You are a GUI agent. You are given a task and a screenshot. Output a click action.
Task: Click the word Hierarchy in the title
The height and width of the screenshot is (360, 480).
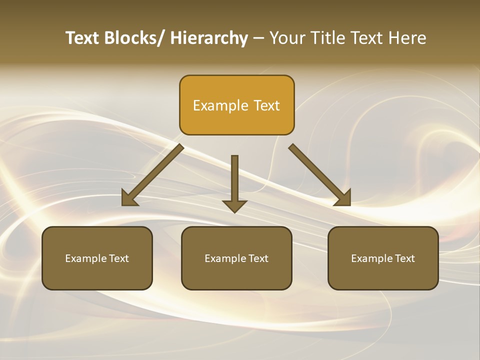209,38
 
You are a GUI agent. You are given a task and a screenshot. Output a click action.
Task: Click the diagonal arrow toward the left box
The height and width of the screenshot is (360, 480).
153,175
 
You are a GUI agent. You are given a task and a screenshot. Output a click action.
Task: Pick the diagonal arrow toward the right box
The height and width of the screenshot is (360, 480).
320,175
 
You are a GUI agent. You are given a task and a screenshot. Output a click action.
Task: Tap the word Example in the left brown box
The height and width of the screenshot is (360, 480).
85,258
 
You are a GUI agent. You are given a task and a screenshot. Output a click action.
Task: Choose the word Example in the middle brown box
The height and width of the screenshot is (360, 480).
225,258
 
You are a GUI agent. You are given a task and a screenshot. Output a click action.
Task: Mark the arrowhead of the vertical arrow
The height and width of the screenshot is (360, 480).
234,206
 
